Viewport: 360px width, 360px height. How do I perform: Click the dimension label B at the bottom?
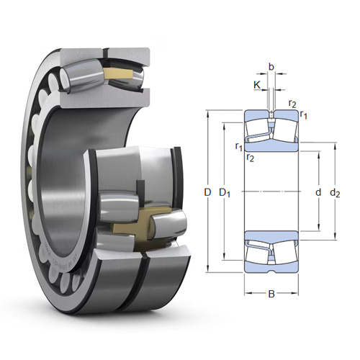pos(271,294)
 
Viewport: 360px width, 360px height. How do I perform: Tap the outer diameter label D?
pos(207,192)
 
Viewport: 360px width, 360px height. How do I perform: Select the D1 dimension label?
pos(225,193)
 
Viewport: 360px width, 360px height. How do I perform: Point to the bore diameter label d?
pos(318,192)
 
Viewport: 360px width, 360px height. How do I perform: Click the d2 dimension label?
pos(335,193)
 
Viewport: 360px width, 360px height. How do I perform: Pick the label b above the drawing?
pos(271,67)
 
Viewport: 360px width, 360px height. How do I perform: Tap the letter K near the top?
pos(257,85)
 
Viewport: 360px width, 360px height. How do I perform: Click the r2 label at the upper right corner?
pos(292,104)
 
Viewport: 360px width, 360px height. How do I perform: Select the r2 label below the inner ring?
pos(251,158)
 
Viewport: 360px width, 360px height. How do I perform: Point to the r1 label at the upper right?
pos(304,114)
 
